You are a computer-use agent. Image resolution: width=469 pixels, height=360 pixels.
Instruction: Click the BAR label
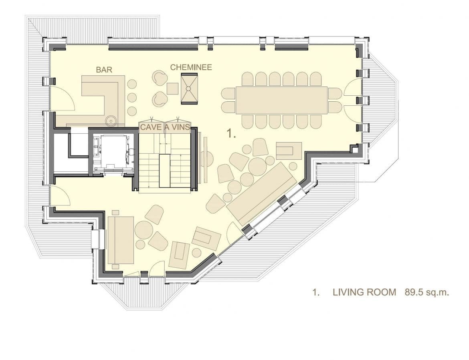click(x=104, y=70)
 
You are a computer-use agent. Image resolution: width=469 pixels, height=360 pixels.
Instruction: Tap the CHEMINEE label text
click(x=191, y=67)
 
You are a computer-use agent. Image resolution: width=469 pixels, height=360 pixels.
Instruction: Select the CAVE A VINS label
click(x=165, y=127)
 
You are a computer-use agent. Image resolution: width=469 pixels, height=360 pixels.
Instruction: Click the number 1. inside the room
click(x=232, y=133)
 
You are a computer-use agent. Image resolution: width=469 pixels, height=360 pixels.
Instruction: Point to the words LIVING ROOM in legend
click(x=364, y=292)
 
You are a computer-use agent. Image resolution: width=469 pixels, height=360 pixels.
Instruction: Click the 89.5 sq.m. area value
click(x=427, y=292)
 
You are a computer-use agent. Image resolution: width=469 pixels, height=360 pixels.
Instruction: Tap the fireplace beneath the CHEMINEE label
click(x=189, y=88)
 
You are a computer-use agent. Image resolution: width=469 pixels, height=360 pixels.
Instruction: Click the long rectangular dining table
click(x=281, y=100)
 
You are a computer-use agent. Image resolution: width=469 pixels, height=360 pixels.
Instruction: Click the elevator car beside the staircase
click(x=113, y=153)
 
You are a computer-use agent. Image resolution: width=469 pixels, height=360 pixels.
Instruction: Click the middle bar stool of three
click(x=132, y=97)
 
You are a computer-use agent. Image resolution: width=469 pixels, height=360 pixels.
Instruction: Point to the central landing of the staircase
click(x=164, y=171)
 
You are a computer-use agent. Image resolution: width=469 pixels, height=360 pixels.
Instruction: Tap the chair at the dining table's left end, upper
click(x=228, y=94)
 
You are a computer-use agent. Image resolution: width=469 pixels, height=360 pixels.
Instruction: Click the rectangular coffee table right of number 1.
click(x=289, y=151)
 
